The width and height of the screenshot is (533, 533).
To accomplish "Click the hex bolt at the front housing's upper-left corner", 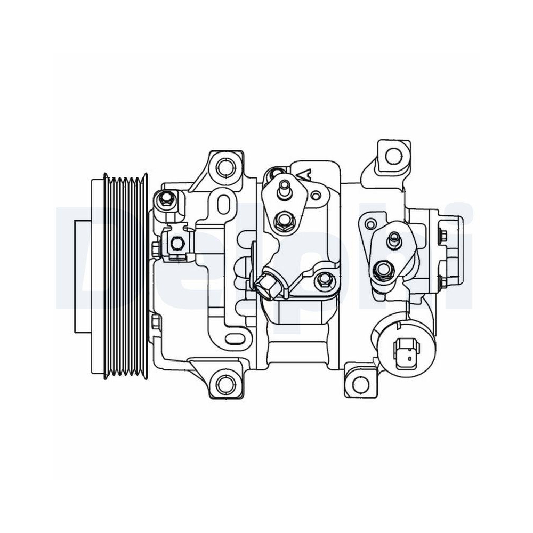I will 165,199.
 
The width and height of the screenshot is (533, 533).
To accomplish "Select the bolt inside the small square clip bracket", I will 176,244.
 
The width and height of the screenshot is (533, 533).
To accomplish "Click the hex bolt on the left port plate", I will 282,221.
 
